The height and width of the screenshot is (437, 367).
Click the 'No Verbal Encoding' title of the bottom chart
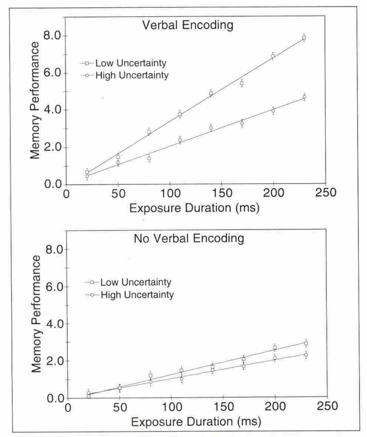click(189, 239)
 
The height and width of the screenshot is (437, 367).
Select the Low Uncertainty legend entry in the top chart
click(131, 63)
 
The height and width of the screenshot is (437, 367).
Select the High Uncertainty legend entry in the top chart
click(132, 75)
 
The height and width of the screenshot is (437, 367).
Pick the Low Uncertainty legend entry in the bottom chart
click(136, 282)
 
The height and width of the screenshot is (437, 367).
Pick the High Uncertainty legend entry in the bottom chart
click(137, 295)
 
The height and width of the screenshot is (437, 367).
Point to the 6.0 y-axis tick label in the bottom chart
click(55, 287)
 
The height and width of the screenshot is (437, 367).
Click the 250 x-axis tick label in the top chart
click(325, 193)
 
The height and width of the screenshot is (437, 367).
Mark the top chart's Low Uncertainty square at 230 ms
click(304, 38)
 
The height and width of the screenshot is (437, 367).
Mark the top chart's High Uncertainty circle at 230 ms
click(304, 97)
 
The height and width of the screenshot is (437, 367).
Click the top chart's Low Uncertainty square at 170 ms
click(242, 83)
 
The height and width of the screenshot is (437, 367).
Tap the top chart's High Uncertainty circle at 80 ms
click(149, 158)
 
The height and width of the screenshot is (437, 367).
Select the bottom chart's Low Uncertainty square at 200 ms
click(275, 347)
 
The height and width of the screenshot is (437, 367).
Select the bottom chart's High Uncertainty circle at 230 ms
click(306, 355)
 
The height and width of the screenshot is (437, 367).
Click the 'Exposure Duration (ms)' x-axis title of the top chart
click(194, 208)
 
